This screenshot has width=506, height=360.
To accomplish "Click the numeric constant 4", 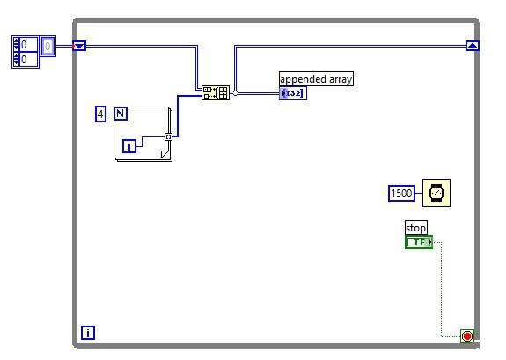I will tap(100, 114).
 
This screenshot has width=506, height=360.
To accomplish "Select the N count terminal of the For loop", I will tap(120, 114).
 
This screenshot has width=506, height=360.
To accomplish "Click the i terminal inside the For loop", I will tap(129, 146).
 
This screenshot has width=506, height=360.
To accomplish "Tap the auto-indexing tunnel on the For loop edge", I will tap(168, 136).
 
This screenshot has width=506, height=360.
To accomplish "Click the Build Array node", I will tap(216, 92).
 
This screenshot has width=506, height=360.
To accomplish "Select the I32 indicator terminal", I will tap(293, 93).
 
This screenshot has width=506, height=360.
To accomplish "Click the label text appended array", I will tap(316, 79).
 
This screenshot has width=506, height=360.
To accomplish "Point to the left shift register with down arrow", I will tap(79, 46).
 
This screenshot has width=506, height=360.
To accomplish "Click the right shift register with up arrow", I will tap(472, 46).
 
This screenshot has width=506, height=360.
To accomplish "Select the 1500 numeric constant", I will tap(401, 193).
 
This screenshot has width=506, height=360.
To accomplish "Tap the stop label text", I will tap(415, 228).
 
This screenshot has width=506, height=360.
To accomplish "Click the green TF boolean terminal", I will tap(419, 242).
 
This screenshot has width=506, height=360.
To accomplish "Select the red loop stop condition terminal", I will tap(466, 335).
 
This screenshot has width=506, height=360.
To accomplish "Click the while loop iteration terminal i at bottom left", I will tap(88, 332).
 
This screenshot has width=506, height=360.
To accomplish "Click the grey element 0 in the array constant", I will tap(48, 46).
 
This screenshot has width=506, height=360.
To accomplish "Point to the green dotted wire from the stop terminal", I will tap(441, 290).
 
